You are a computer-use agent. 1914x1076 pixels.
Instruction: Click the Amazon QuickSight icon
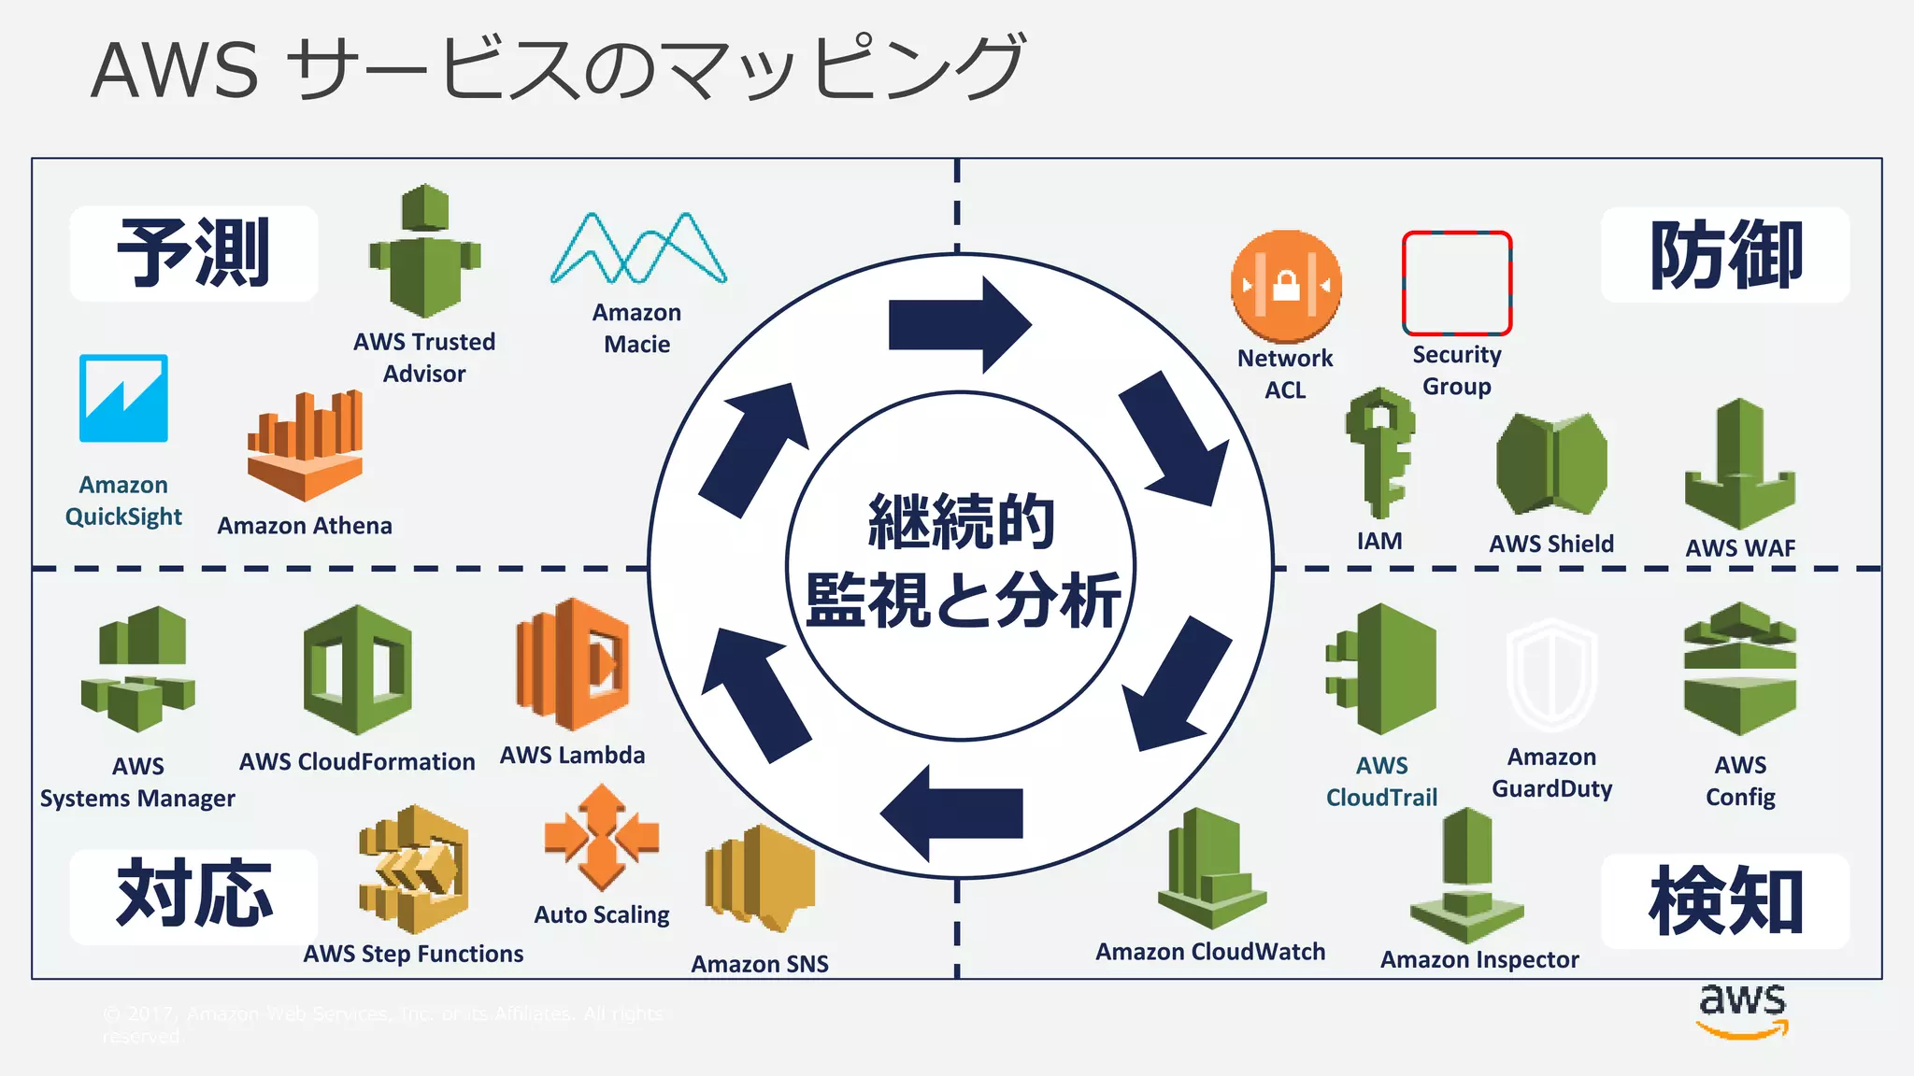coord(123,398)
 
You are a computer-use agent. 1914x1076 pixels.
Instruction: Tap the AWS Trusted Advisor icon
coord(425,252)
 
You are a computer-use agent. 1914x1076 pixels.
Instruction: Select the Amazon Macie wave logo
coord(638,248)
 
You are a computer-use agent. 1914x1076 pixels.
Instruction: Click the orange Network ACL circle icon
coord(1286,286)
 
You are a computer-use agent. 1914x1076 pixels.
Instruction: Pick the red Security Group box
coord(1456,283)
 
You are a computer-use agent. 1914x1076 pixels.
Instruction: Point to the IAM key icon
coord(1379,452)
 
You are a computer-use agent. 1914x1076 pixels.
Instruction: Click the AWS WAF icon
coord(1739,464)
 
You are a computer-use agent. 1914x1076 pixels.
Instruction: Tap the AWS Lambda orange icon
coord(573,664)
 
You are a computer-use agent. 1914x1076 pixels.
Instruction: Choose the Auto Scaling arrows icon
coord(602,837)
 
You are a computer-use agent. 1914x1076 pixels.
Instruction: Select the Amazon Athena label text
coord(305,526)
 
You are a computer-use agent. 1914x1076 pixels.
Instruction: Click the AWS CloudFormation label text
coord(357,762)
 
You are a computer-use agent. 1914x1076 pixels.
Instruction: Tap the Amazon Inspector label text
coord(1479,959)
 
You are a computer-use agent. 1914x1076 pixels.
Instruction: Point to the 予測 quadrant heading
coord(193,253)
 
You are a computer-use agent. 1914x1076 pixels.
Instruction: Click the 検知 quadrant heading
coord(1725,901)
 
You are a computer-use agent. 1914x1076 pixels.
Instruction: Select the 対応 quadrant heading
coord(193,896)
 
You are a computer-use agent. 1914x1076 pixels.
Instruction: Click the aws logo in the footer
coord(1742,1009)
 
